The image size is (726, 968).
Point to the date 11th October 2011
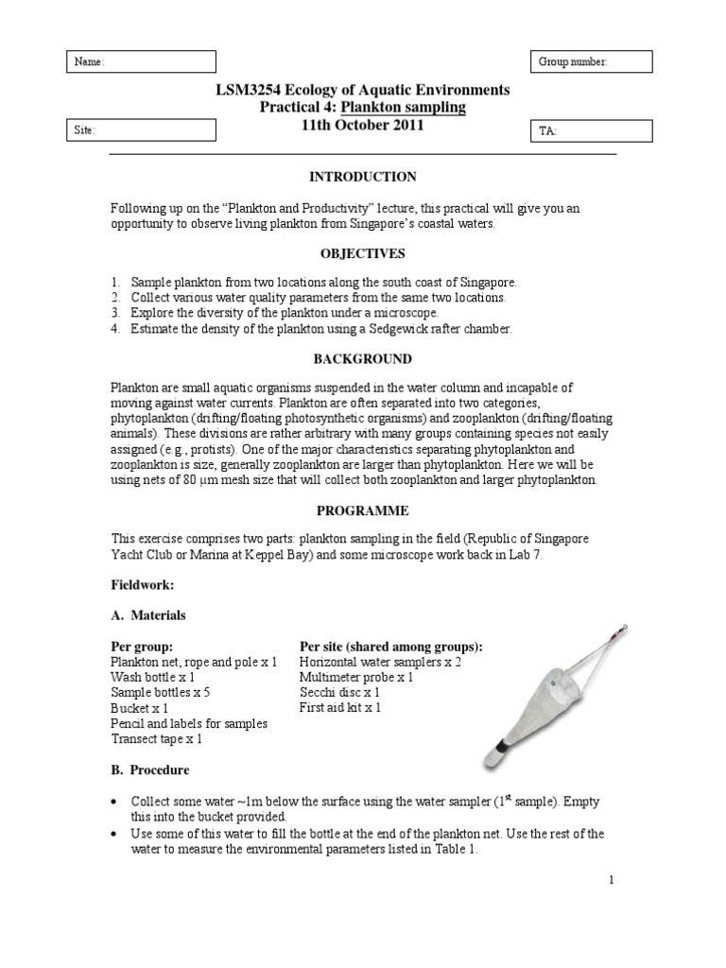coord(363,125)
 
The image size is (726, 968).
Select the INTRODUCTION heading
coord(363,177)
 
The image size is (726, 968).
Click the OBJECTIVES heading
coord(363,253)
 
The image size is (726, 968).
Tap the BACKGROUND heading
coord(363,359)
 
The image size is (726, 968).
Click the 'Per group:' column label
coord(143,647)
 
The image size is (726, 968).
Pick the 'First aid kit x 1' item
coord(341,707)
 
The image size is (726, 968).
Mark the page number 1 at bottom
coord(612,879)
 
